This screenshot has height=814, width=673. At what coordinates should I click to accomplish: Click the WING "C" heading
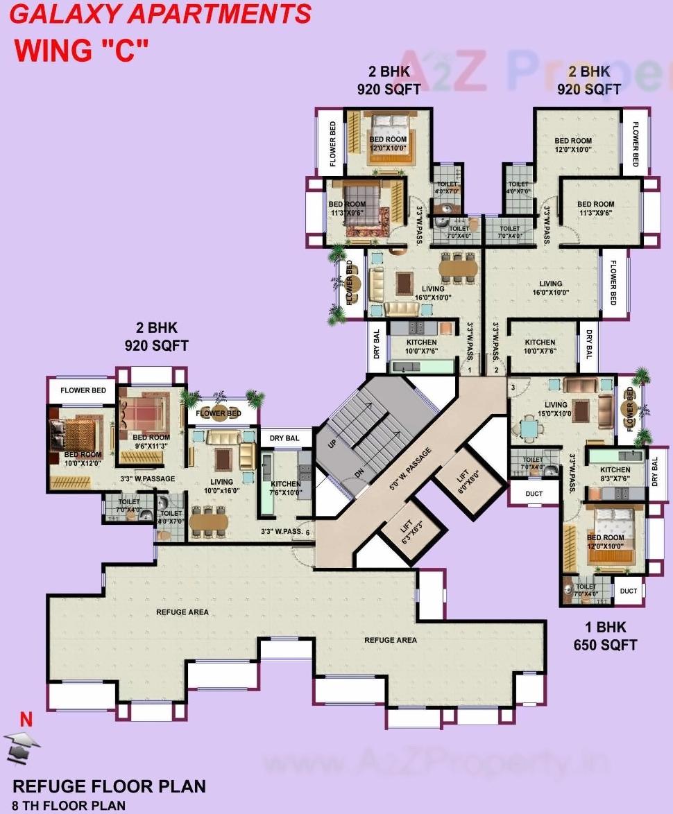tap(82, 51)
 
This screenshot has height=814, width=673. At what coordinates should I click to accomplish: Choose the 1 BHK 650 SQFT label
tap(605, 637)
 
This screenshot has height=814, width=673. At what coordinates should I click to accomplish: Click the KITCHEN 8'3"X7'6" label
tap(615, 474)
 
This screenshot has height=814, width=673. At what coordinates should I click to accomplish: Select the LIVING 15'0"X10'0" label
tap(556, 409)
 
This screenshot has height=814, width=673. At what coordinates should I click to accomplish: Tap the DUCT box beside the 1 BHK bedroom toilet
tap(629, 591)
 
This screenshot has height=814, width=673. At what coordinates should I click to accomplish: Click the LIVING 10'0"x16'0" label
tap(222, 486)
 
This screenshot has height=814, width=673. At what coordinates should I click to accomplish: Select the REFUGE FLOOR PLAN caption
tap(110, 786)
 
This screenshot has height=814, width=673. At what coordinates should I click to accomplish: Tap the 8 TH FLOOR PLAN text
tap(69, 805)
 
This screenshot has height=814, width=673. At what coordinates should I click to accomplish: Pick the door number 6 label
tap(307, 532)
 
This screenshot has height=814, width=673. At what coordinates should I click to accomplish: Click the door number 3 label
tap(512, 386)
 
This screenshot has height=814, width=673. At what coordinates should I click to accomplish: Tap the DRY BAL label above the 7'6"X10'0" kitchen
tap(284, 438)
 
